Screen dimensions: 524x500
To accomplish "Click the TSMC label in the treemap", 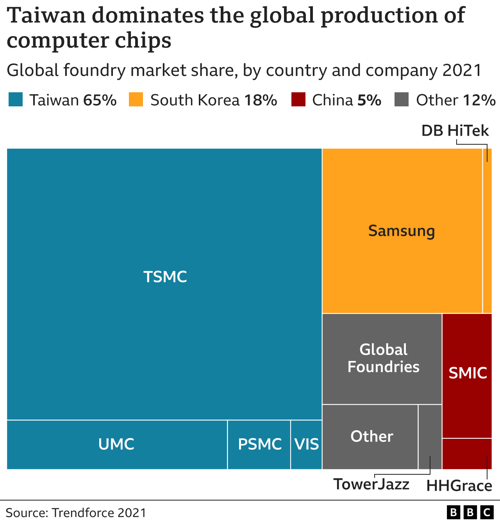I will tap(165, 277).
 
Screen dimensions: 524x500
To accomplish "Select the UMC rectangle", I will tap(117, 445).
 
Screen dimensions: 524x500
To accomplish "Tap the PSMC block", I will tap(259, 445).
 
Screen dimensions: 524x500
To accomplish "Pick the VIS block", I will tap(307, 445).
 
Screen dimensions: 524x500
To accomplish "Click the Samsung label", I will tap(402, 231).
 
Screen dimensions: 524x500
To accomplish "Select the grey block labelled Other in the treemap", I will tap(371, 437).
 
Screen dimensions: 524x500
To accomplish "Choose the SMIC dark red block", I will tap(467, 373).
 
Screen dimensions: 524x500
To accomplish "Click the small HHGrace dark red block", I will tap(467, 454).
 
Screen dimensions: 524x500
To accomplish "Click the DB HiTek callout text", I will tap(455, 131).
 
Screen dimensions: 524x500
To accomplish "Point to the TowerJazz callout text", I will tap(371, 485).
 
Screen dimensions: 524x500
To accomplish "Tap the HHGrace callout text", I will tap(459, 486).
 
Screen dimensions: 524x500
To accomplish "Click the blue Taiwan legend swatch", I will tap(16, 100).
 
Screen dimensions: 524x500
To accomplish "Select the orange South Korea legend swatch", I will tap(136, 100).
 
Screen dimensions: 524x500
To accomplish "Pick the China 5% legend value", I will tap(369, 100).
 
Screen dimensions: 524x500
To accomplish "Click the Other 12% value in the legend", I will tap(479, 100).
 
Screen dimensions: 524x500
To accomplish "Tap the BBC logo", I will tap(470, 512).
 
